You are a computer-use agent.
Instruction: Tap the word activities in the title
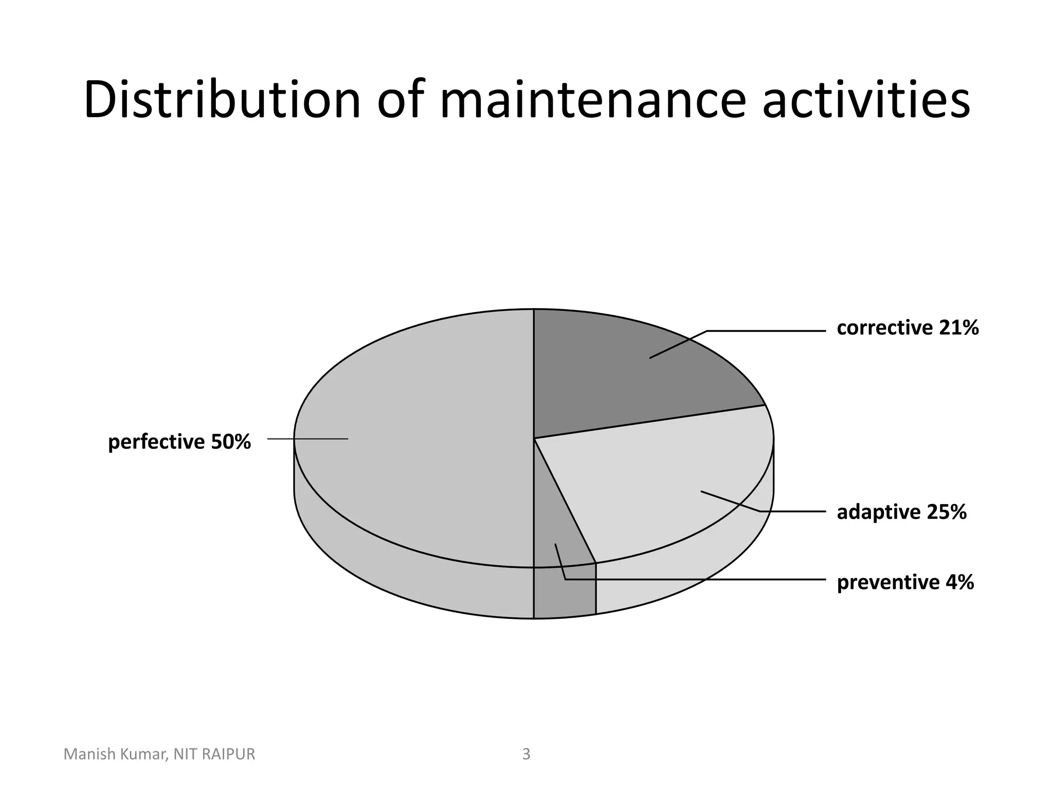click(866, 100)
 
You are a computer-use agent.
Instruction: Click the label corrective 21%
click(907, 328)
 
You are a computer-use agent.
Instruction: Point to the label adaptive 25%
click(901, 512)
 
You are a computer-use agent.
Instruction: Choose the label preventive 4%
click(905, 582)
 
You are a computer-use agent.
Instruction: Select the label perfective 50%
click(179, 442)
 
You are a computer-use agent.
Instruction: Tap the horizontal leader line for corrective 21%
click(766, 331)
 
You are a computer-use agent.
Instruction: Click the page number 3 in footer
click(526, 754)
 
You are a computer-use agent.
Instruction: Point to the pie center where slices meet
click(534, 439)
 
